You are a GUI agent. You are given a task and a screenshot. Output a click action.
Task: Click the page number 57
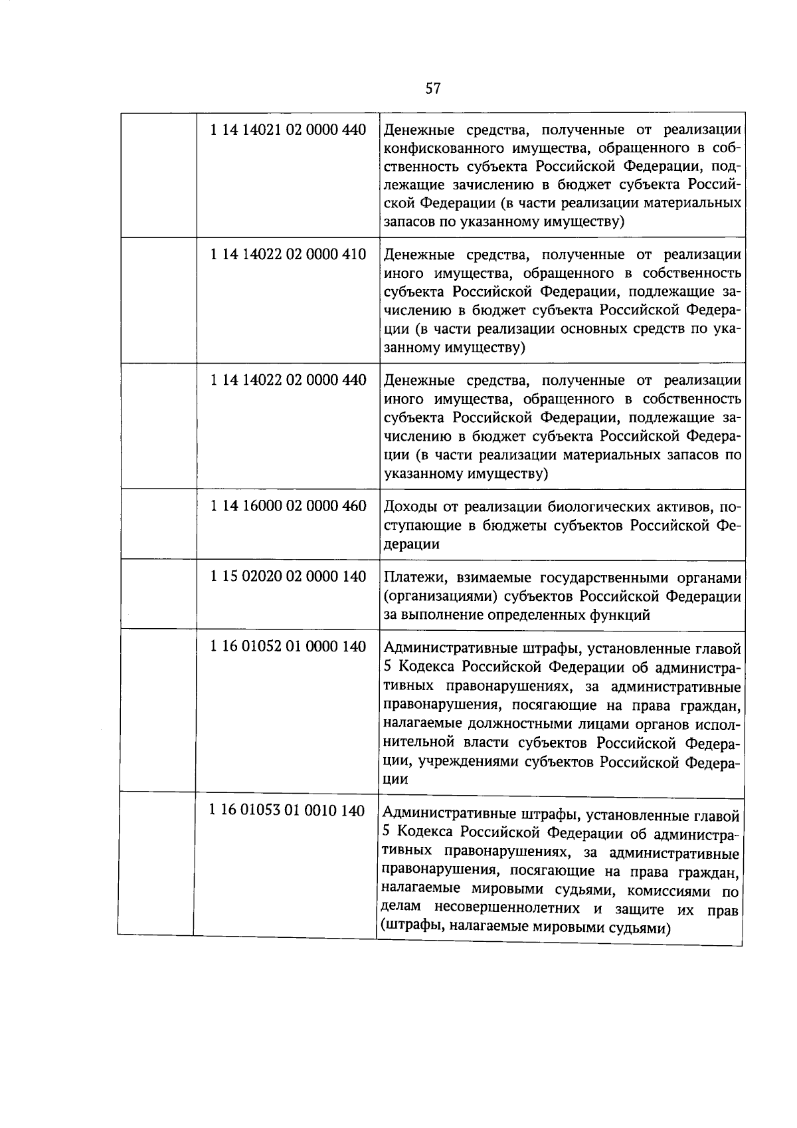tap(432, 88)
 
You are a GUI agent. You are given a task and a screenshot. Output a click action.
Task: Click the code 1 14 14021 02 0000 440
tap(288, 130)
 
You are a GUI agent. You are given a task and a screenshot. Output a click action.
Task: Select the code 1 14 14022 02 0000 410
tap(288, 255)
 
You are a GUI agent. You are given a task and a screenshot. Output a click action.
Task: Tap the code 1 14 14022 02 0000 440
tap(288, 380)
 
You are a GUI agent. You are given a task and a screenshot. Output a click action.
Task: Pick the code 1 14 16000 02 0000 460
tap(288, 506)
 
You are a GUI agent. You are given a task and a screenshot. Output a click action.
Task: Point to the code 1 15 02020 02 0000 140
tap(288, 576)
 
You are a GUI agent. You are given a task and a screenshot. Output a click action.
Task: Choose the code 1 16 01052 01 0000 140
tap(288, 646)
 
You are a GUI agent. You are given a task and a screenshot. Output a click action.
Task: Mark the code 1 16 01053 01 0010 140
tap(286, 811)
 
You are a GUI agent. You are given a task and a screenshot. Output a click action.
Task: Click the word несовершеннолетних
tap(514, 908)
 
